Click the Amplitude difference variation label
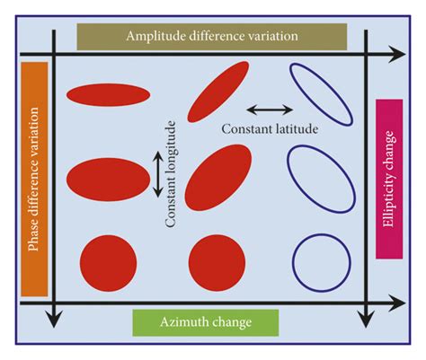coord(212,37)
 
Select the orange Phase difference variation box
coord(33,179)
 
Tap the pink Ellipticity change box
coord(388,179)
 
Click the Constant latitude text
coord(270,129)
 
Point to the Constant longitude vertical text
coord(170,188)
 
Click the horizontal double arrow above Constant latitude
coord(269,110)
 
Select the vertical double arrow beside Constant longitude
coord(156,174)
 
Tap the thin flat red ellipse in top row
coord(109,92)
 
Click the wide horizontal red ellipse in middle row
coord(107,177)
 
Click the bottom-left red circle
coord(108,262)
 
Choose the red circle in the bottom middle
coord(217,262)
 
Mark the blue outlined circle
coord(321,261)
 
